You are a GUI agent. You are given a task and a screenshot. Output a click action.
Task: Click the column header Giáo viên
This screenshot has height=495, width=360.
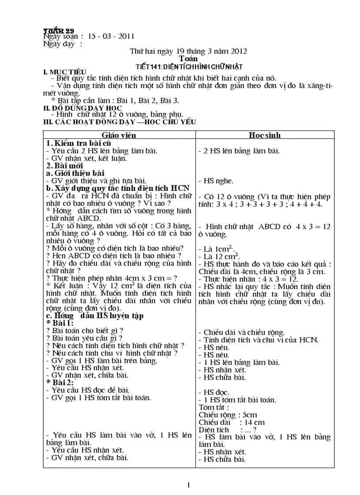[x=119, y=135]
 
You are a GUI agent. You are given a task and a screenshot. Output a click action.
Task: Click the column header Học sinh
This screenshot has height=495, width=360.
[x=264, y=135]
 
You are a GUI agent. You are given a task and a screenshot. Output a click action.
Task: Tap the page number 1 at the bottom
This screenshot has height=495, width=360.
[x=189, y=485]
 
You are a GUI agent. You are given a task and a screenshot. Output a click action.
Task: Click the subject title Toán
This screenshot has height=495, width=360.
[x=188, y=59]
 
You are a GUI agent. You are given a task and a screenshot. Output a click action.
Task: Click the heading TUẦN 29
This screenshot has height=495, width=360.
[x=59, y=30]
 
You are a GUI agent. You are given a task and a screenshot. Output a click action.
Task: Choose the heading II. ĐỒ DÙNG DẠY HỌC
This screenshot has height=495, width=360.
[x=82, y=108]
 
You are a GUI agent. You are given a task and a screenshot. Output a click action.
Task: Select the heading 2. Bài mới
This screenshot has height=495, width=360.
[x=64, y=166]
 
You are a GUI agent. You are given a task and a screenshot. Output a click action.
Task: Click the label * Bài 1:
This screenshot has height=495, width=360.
[x=60, y=323]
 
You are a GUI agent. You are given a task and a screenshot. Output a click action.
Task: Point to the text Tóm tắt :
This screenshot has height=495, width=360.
[x=214, y=407]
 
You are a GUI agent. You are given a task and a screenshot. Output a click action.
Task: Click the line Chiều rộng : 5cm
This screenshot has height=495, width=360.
[x=228, y=415]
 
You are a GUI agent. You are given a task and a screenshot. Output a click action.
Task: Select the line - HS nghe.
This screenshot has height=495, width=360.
[x=216, y=181]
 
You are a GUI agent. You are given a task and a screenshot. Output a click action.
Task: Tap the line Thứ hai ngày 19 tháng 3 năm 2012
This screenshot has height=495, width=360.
[x=188, y=51]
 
